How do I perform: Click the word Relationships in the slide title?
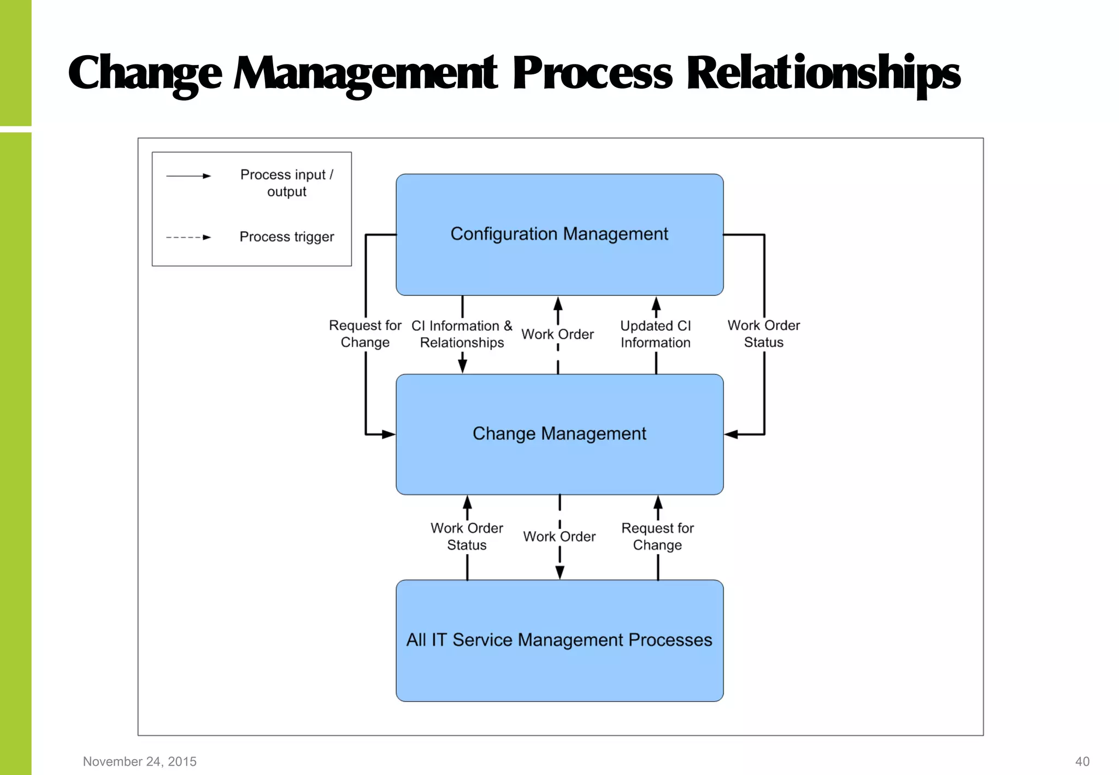(822, 74)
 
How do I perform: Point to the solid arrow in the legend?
(189, 176)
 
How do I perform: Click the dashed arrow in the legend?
(189, 237)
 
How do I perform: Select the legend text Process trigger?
(286, 237)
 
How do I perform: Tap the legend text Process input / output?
(286, 183)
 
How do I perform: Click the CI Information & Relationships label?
(462, 334)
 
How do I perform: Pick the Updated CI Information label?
(655, 334)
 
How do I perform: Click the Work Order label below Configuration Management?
(557, 334)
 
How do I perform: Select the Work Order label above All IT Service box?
(559, 537)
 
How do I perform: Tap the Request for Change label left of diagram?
(365, 334)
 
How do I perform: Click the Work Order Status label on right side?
(763, 334)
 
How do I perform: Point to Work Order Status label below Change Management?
(467, 537)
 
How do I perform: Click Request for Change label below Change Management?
(657, 537)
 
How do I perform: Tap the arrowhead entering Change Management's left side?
(388, 435)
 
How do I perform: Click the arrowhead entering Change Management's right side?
(731, 435)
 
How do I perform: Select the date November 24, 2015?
(139, 761)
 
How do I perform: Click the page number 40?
(1082, 761)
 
